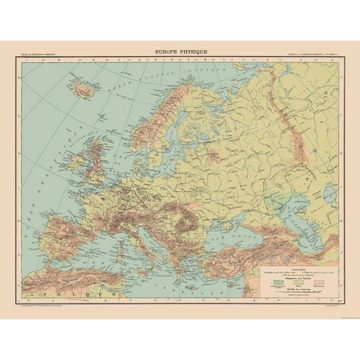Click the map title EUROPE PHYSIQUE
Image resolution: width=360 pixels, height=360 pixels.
click(x=181, y=52)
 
